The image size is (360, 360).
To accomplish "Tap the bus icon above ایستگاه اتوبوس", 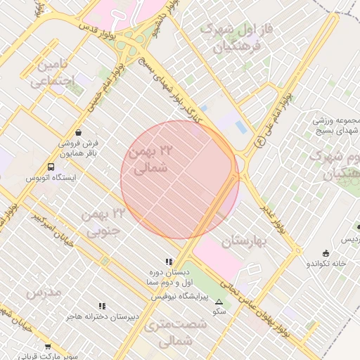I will pos(51,167).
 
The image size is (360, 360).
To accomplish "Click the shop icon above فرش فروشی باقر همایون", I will pos(77,131).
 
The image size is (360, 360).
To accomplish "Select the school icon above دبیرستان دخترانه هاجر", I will pos(102,306).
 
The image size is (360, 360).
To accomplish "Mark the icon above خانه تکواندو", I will pos(325,253).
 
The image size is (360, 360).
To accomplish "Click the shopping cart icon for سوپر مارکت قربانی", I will pos(48,346).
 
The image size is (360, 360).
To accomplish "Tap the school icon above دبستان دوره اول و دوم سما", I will pos(168,262).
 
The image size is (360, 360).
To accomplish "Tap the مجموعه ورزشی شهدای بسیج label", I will pos(336,126).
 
